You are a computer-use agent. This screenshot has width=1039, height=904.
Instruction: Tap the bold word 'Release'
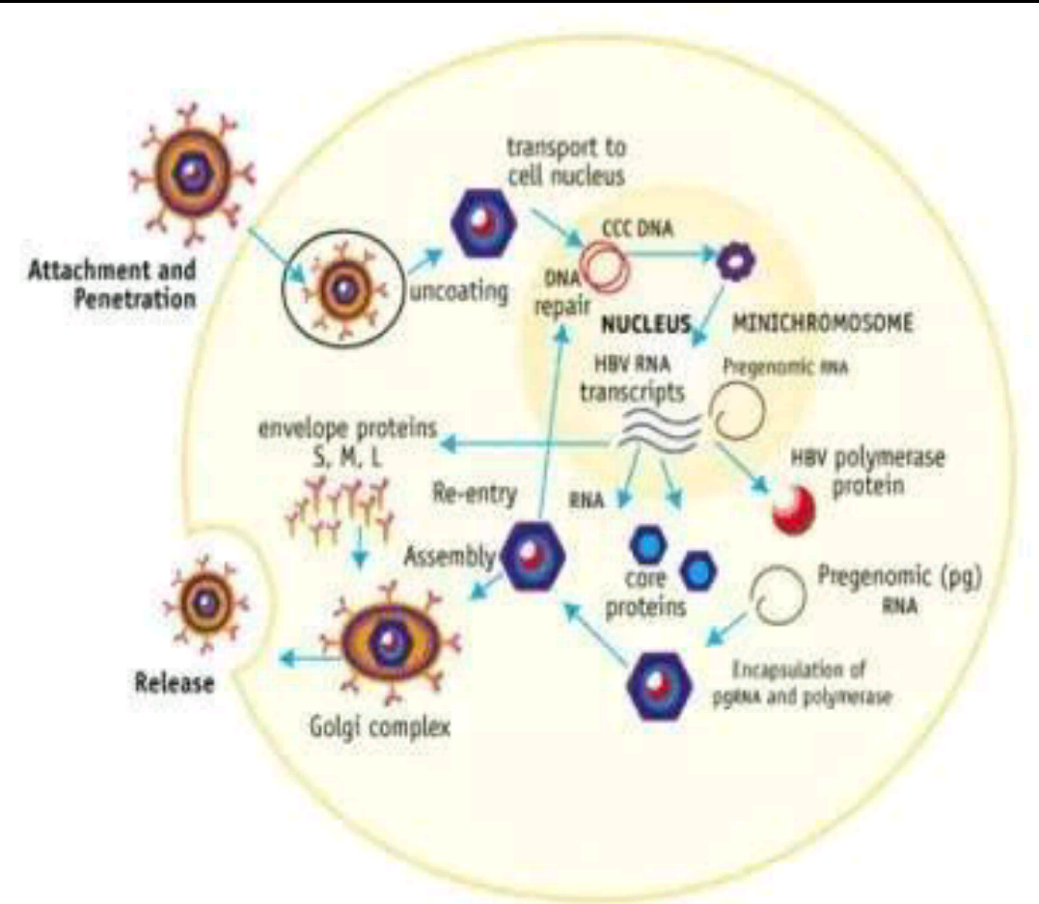click(x=175, y=684)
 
